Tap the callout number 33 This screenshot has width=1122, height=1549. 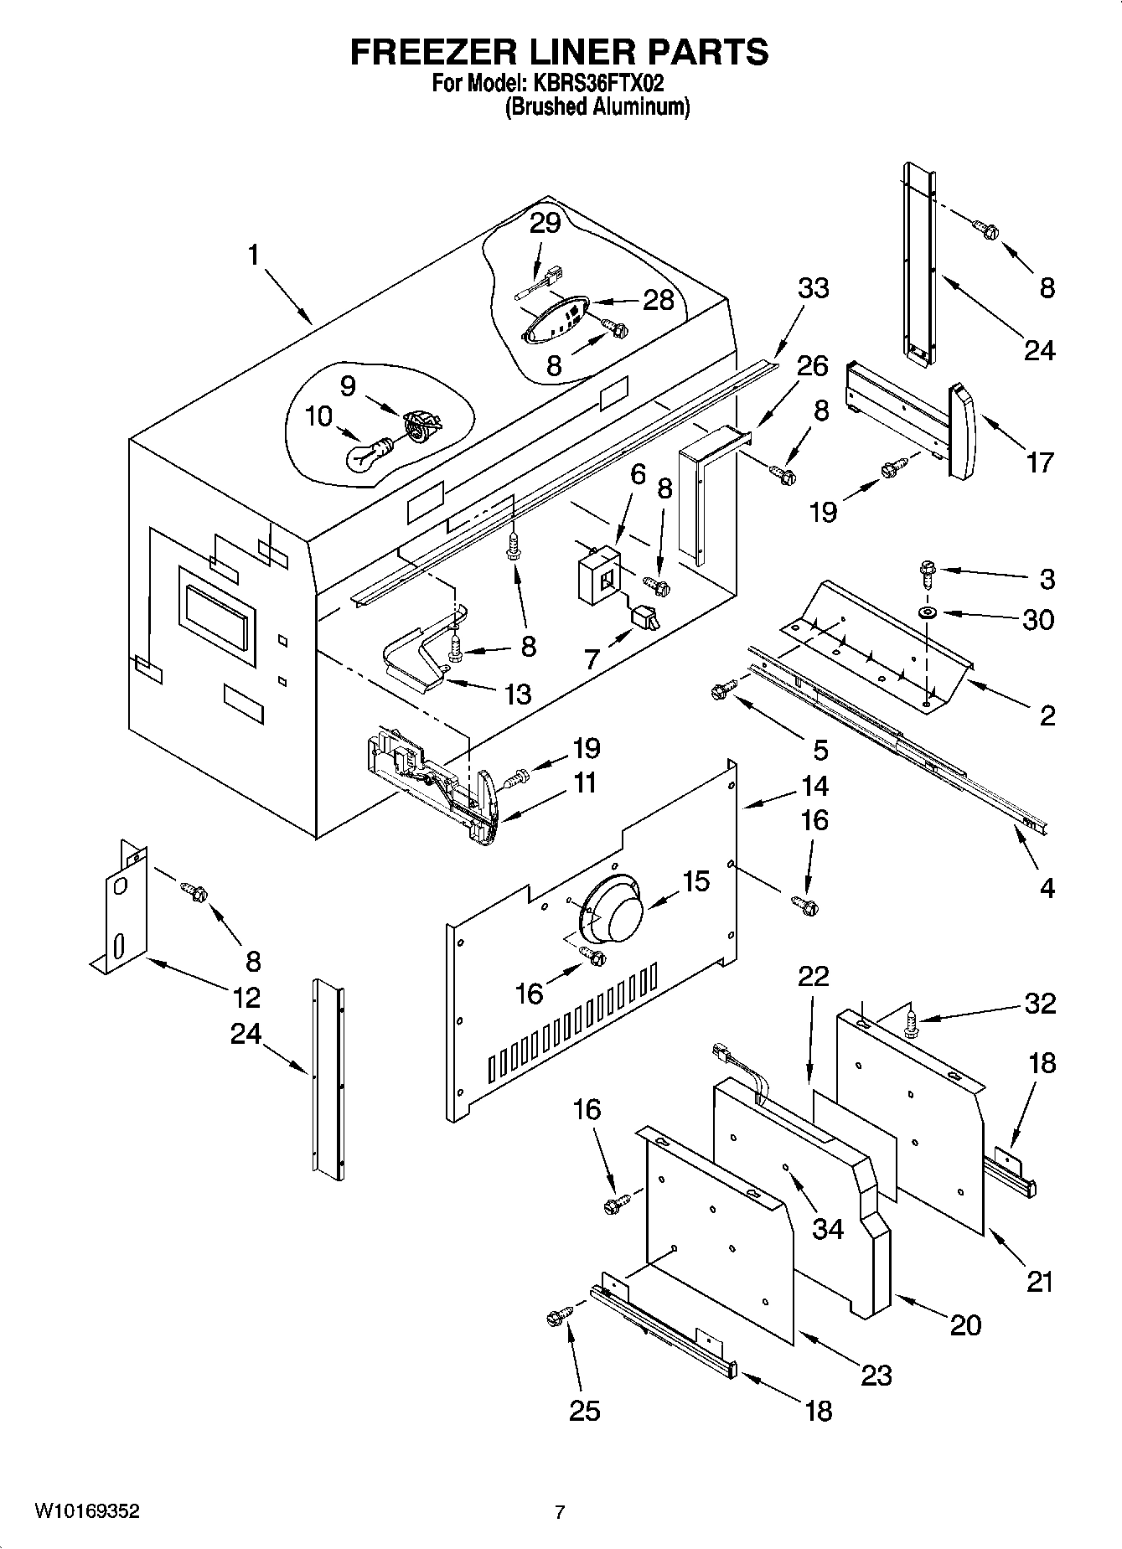[813, 288]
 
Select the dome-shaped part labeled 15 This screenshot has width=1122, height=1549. [612, 911]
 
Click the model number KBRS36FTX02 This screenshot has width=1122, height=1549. [598, 84]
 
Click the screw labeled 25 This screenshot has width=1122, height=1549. [556, 1318]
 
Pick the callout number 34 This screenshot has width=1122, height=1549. [828, 1229]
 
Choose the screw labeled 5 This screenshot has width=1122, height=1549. [721, 689]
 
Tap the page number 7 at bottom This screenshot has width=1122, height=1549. [560, 1512]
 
